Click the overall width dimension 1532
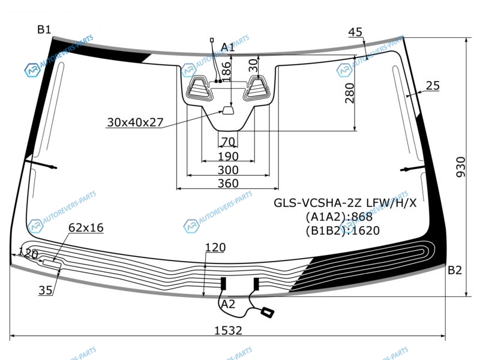[x=227, y=330]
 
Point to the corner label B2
[x=455, y=270]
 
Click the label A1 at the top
[x=228, y=47]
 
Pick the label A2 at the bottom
[x=228, y=304]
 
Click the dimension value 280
[x=350, y=94]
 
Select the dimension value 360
[x=227, y=184]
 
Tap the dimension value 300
[x=227, y=170]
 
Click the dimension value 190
[x=227, y=157]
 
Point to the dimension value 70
[x=227, y=142]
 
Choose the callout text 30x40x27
[x=135, y=122]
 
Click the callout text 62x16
[x=86, y=227]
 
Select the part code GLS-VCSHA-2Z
[x=320, y=203]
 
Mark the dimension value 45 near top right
[x=355, y=32]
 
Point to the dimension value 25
[x=433, y=86]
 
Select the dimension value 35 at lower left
[x=46, y=291]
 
